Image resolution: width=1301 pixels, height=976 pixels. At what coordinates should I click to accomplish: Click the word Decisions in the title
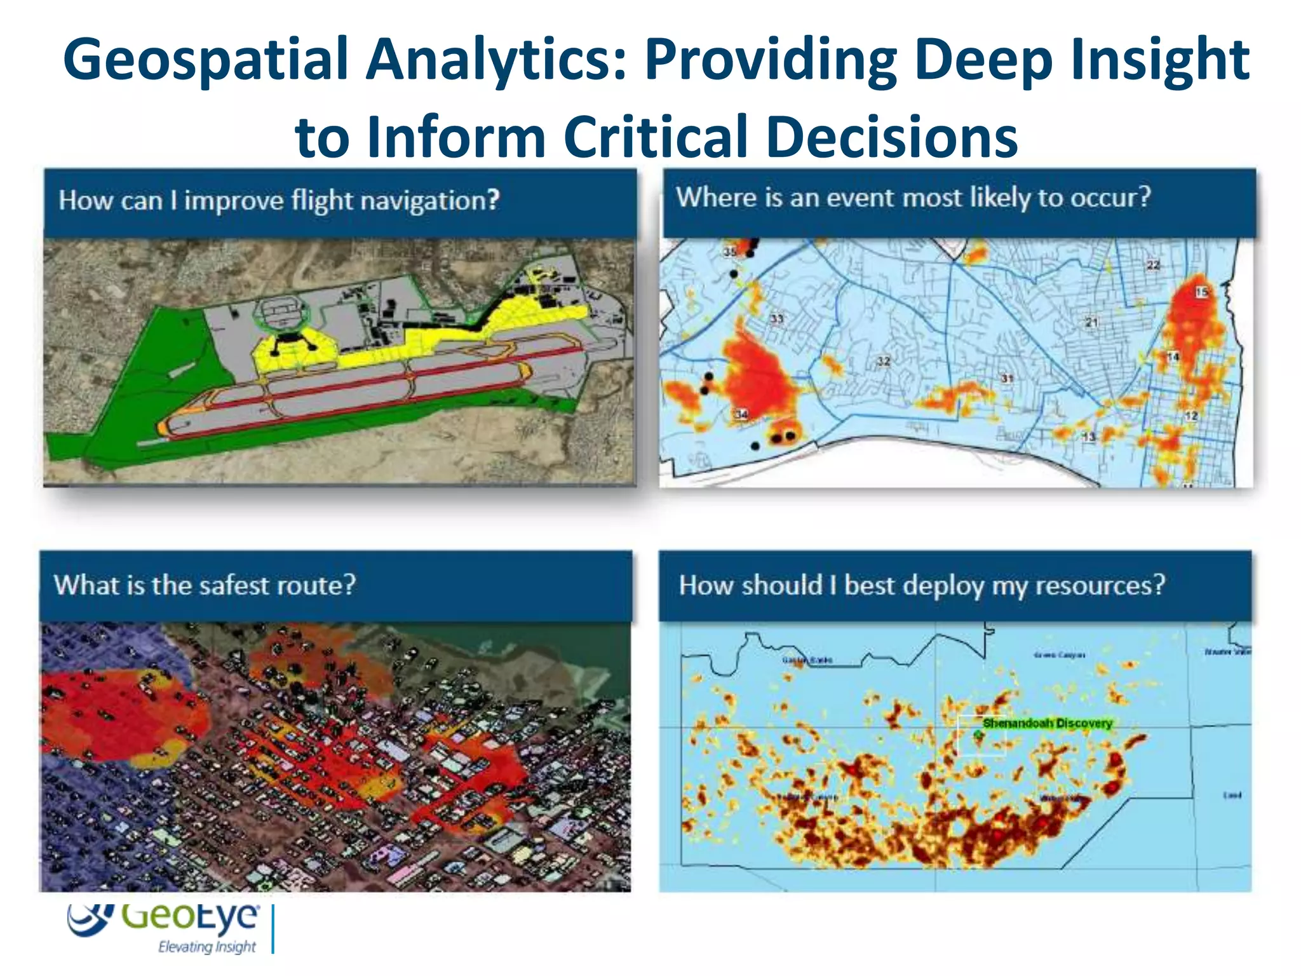coord(892,137)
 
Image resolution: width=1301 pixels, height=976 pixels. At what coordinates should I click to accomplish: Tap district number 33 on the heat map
coord(777,318)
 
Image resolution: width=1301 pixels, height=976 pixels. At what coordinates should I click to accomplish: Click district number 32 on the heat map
coord(884,361)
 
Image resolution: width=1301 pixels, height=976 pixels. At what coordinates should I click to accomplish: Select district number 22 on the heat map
coord(1153,265)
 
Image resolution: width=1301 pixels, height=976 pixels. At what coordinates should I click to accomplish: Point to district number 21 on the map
coord(1091,322)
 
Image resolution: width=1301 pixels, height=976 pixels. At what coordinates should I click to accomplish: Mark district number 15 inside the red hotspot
coord(1201,292)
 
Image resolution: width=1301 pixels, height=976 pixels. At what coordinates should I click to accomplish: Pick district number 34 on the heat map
coord(741,414)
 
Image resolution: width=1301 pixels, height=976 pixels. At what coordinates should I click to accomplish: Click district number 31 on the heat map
coord(1008,379)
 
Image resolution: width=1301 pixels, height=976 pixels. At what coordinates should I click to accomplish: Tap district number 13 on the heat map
coord(1089,437)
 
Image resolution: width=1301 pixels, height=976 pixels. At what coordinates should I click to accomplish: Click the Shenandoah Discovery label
coord(1047,723)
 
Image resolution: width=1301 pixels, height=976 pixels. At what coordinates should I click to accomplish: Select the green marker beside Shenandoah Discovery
coord(978,735)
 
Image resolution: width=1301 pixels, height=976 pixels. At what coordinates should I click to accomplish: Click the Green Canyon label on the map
coord(1059,655)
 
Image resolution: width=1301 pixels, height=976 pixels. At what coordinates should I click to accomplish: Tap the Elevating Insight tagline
coord(206,947)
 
